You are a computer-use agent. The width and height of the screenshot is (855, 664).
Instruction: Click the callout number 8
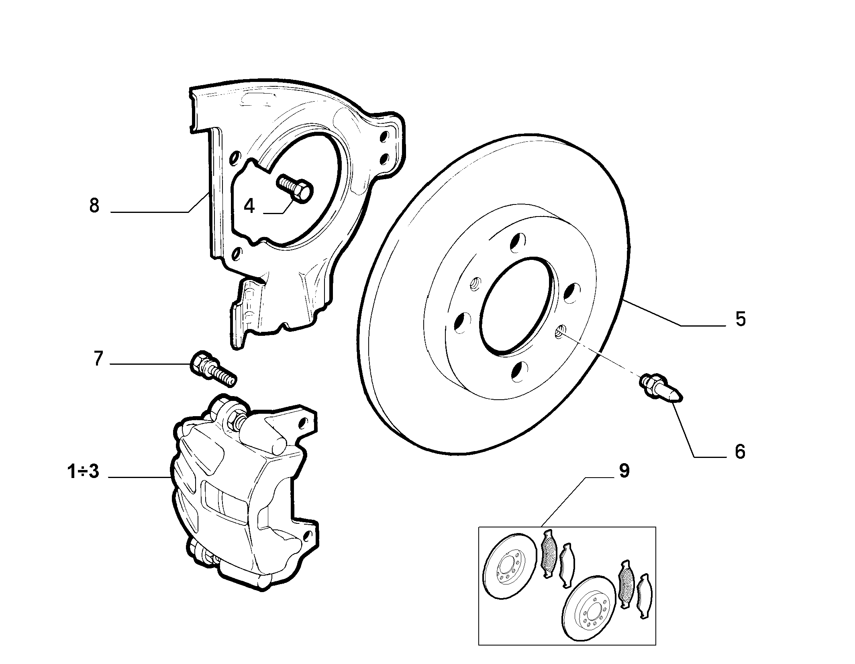coord(94,206)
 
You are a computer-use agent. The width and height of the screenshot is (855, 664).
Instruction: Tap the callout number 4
coord(249,206)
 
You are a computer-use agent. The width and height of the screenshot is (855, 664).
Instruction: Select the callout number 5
coord(741,319)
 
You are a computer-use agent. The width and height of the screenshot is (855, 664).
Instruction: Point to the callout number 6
coord(740,452)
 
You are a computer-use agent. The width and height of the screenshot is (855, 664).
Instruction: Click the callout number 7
coord(98,359)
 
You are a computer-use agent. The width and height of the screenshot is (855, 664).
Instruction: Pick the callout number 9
coord(624,471)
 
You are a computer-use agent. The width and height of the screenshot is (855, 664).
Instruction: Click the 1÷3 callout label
coord(83,472)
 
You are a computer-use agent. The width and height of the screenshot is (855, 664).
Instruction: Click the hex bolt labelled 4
coord(294,190)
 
